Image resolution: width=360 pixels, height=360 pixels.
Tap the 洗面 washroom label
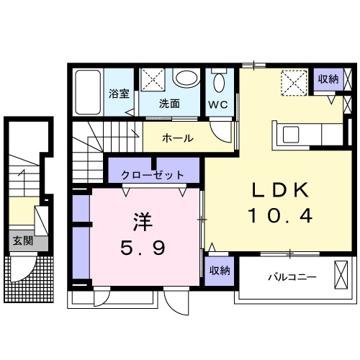pyautogui.click(x=170, y=103)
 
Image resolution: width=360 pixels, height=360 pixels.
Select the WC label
pyautogui.click(x=218, y=104)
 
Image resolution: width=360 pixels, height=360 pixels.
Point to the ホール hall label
pyautogui.click(x=176, y=138)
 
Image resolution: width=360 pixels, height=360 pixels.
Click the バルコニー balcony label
pyautogui.click(x=292, y=276)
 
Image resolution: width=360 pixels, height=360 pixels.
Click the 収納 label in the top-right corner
pyautogui.click(x=328, y=79)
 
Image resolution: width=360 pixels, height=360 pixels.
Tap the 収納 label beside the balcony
pyautogui.click(x=220, y=271)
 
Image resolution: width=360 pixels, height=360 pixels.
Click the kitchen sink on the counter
pyautogui.click(x=292, y=135)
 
